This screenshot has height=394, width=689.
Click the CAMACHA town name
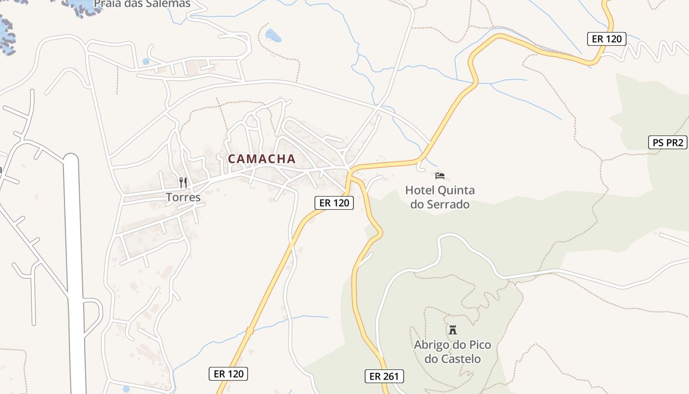pos(261,159)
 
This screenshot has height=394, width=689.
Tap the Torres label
pos(183,197)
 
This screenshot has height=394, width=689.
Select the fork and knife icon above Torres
pos(183,183)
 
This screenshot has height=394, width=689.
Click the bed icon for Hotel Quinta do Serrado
pos(440,175)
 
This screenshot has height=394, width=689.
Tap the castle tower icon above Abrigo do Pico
pos(452,329)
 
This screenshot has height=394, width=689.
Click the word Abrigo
pos(432,344)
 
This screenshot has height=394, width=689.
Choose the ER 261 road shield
pos(384,376)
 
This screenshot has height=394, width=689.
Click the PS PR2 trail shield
pos(667,143)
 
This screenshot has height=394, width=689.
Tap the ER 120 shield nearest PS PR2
pos(606,39)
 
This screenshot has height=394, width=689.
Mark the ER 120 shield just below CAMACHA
pos(334,202)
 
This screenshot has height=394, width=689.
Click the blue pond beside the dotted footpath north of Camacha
pos(272,35)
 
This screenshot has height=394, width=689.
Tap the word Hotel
pos(420,190)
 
